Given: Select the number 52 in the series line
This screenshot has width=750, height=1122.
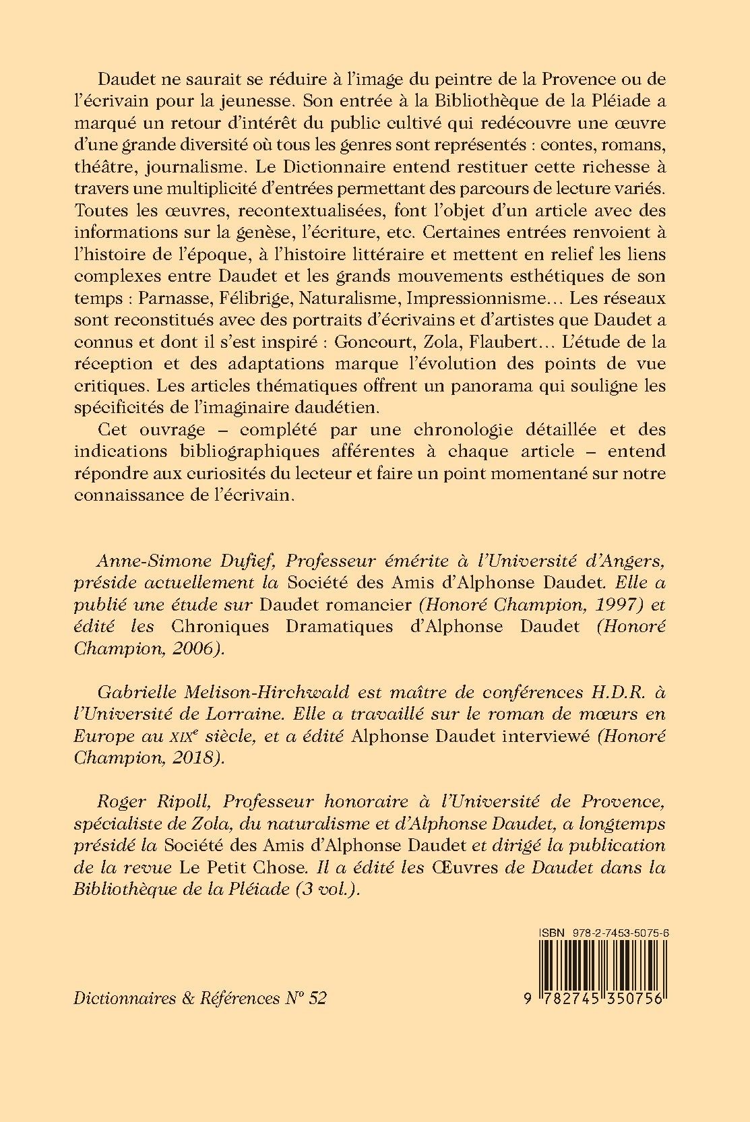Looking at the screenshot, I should click(x=316, y=999).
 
